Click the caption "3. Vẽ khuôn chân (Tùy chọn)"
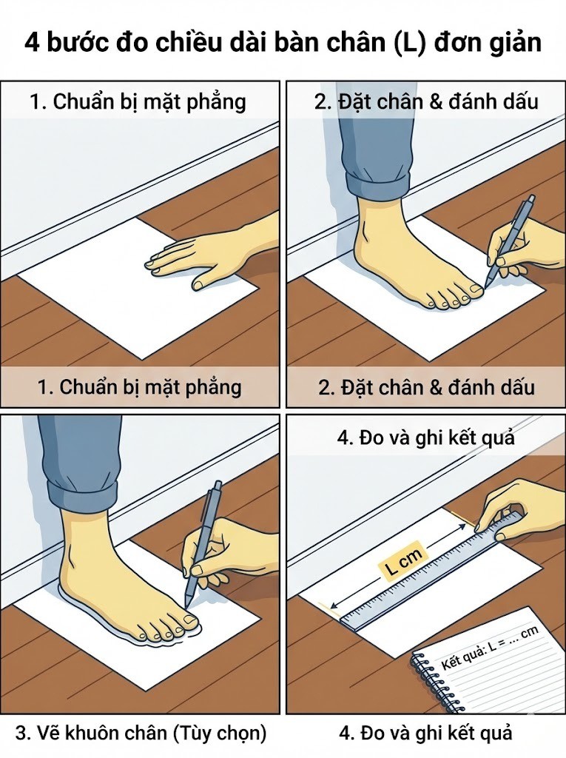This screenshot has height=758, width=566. [141, 734]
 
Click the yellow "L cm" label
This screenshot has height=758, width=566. [402, 566]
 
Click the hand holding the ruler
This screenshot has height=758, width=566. [518, 503]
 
